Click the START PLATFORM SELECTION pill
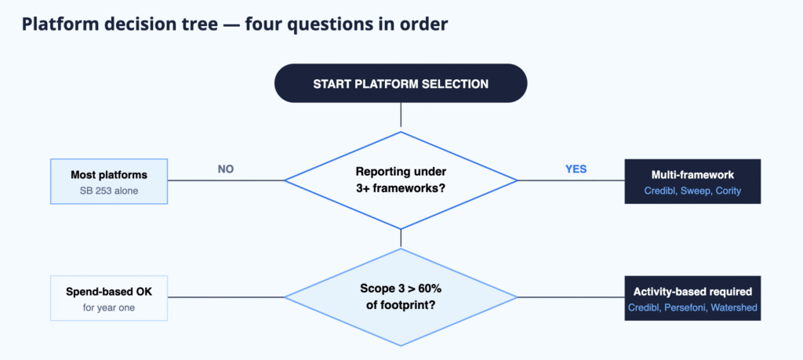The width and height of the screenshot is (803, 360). click(401, 83)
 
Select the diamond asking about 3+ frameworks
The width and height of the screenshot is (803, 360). click(401, 180)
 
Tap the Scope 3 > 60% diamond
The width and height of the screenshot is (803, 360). click(401, 297)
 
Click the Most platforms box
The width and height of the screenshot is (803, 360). click(109, 181)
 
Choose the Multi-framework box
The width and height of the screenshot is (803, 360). click(692, 181)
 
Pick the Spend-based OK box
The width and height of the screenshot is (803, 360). click(109, 298)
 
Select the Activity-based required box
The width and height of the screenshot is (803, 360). click(692, 298)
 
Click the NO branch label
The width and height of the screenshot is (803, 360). click(226, 169)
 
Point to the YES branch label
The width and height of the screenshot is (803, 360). click(576, 169)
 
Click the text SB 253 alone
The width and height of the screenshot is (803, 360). click(108, 191)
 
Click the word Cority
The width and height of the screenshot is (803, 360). click(728, 191)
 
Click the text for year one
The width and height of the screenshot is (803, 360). click(109, 307)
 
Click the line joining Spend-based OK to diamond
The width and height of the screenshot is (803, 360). click(226, 297)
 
